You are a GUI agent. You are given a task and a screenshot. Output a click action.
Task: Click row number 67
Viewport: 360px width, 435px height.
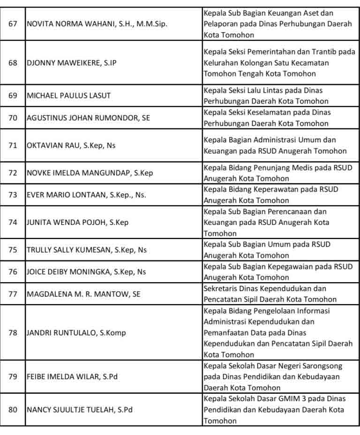click(x=13, y=24)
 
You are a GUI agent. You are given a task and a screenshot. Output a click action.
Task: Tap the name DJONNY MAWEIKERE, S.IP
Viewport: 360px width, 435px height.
click(x=71, y=63)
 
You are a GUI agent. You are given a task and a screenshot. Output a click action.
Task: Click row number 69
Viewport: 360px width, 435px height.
click(x=13, y=96)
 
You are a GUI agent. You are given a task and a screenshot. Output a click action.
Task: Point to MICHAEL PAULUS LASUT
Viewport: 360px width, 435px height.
click(x=69, y=96)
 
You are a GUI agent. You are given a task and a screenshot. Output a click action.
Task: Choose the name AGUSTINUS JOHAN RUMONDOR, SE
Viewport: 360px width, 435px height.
click(x=89, y=118)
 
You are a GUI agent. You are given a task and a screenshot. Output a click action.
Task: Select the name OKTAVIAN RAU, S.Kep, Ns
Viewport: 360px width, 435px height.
click(x=71, y=145)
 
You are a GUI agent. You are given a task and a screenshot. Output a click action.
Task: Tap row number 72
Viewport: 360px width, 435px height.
click(x=13, y=173)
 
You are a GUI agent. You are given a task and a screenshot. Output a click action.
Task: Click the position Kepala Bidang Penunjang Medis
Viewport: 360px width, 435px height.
click(x=278, y=173)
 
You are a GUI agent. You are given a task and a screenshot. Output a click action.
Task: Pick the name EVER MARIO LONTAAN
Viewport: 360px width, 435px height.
click(x=86, y=195)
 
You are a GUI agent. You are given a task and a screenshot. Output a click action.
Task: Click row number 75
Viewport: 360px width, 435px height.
click(x=13, y=250)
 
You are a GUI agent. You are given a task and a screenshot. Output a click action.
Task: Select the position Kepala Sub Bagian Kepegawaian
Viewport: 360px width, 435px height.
click(x=278, y=272)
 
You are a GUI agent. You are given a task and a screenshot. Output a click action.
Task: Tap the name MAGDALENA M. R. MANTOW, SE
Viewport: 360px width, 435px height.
click(x=83, y=294)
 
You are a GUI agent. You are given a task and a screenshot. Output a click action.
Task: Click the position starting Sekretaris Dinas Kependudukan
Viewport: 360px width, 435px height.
click(x=270, y=294)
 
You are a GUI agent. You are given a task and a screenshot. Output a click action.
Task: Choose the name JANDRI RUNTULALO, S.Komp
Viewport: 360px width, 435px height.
click(x=76, y=333)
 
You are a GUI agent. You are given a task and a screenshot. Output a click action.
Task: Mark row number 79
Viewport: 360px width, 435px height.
click(x=13, y=377)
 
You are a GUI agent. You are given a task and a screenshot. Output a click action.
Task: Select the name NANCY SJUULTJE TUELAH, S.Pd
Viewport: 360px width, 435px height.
click(x=80, y=410)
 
